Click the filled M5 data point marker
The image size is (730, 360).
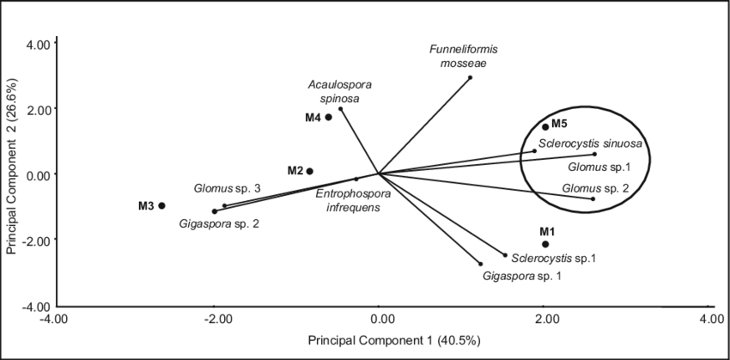pyautogui.click(x=545, y=126)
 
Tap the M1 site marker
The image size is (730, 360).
pyautogui.click(x=545, y=244)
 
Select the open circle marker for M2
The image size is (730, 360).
pyautogui.click(x=310, y=171)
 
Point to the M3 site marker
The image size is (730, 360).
pyautogui.click(x=161, y=204)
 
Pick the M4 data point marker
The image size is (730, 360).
pyautogui.click(x=328, y=117)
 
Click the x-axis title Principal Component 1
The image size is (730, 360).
pyautogui.click(x=384, y=341)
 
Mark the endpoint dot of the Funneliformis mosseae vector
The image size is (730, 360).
pyautogui.click(x=471, y=76)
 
